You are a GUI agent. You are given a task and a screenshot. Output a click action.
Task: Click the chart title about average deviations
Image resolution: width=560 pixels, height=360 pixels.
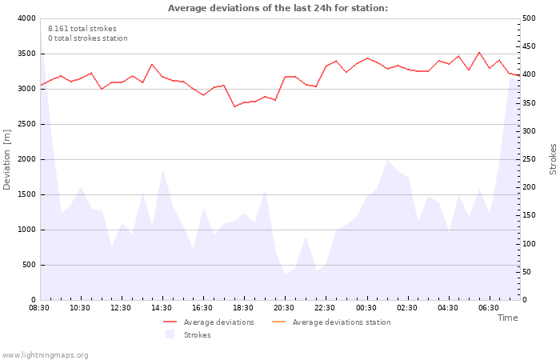[x=278, y=8]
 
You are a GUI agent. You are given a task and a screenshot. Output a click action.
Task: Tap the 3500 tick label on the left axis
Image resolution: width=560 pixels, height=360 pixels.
[x=27, y=54]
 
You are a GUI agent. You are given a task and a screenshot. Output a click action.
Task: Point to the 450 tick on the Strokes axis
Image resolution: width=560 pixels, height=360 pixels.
[x=529, y=46]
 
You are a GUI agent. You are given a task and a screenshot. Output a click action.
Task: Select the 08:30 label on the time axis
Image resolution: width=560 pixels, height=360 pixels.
[x=39, y=308]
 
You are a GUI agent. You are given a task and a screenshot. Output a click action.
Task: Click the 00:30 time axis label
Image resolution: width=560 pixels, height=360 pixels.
[x=366, y=308]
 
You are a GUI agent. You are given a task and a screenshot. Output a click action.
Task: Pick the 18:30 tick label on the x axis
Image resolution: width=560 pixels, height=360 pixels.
[x=243, y=308]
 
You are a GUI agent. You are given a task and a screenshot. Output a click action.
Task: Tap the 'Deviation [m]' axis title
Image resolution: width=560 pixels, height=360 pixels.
[x=7, y=160]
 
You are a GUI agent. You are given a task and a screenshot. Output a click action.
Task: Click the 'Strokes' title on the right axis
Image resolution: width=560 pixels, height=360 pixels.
[x=553, y=159]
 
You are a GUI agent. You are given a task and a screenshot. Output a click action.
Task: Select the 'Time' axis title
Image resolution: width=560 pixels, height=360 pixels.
[x=507, y=318]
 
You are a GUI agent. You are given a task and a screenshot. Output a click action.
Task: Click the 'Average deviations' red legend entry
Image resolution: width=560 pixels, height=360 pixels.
[x=209, y=322]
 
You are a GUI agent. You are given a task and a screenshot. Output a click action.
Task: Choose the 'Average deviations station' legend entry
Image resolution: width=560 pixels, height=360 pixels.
[x=331, y=322]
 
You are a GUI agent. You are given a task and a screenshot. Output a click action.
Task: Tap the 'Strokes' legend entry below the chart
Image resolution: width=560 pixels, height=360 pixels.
[x=188, y=334]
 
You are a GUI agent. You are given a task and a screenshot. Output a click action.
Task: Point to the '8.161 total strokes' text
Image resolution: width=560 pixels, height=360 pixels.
[x=82, y=29]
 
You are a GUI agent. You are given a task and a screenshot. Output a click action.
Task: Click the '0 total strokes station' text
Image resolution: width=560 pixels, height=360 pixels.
[x=88, y=38]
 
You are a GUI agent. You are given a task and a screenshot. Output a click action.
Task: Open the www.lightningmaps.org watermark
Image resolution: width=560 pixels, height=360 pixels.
[x=44, y=355]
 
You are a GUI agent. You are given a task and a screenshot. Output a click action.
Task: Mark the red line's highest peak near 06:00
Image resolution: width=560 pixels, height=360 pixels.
[x=479, y=53]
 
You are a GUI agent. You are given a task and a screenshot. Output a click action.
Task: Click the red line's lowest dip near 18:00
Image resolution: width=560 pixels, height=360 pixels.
[x=234, y=106]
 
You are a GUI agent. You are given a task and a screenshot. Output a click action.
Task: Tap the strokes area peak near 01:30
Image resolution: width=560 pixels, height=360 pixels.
[x=387, y=160]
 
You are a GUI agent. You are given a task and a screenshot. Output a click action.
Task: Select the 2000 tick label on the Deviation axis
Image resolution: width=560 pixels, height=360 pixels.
[x=27, y=160]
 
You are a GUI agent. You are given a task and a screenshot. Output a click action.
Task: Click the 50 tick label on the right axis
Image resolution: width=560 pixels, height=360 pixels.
[x=526, y=272]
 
